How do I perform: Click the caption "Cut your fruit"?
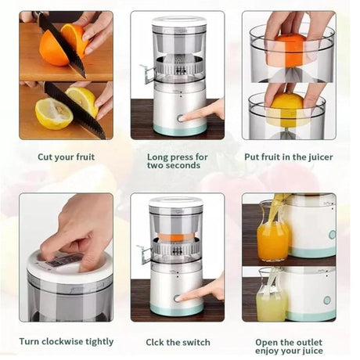pyautogui.click(x=66, y=157)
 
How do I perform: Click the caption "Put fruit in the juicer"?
pyautogui.click(x=288, y=157)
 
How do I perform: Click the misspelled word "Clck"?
pyautogui.click(x=158, y=342)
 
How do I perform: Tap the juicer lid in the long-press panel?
pyautogui.click(x=178, y=21)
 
